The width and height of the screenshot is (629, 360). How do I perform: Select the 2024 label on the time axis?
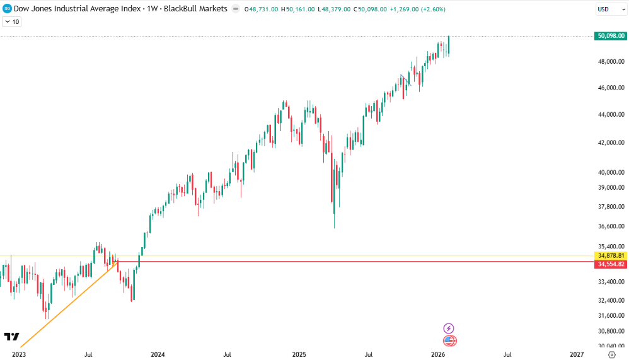[158, 354]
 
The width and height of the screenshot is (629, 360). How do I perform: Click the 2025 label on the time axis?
[299, 354]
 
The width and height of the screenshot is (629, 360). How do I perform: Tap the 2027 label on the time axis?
[577, 354]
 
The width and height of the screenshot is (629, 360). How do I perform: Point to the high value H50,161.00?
[298, 9]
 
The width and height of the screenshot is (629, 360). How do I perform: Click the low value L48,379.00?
[334, 9]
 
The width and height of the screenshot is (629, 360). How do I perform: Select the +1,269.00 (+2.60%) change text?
[412, 9]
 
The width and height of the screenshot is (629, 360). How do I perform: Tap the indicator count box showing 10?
[12, 21]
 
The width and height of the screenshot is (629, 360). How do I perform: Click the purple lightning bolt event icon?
[448, 328]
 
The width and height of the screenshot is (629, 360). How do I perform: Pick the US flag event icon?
[449, 341]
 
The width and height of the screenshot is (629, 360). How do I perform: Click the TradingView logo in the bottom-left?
[11, 337]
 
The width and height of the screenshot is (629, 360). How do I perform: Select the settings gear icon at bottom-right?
[611, 354]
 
